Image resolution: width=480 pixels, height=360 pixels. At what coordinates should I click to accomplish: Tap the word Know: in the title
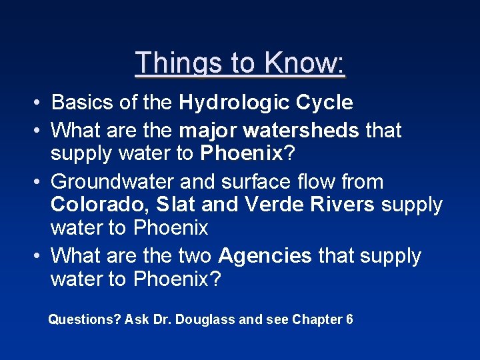click(x=304, y=63)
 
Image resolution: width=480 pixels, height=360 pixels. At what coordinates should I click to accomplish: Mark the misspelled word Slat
click(x=175, y=205)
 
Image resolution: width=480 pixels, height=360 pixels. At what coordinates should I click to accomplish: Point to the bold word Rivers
click(x=343, y=205)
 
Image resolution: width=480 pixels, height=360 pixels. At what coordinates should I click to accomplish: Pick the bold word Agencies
click(x=265, y=256)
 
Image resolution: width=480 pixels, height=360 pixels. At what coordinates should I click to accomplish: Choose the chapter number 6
click(x=349, y=320)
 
